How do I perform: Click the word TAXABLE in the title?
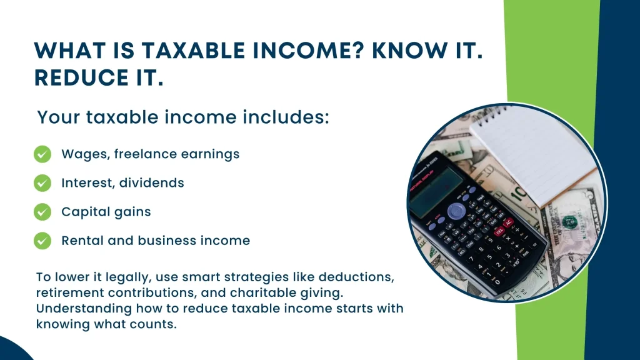193,51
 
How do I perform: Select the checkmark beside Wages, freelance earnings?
42,154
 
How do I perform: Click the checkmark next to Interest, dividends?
42,183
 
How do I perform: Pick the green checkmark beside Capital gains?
42,212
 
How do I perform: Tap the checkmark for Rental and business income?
42,241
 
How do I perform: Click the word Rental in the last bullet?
82,241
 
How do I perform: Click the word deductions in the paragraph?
356,277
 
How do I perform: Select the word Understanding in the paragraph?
84,309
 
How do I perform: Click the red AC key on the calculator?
508,223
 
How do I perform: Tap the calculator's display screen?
436,192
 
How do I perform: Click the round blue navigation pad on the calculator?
456,211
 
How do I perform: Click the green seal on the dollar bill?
569,222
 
